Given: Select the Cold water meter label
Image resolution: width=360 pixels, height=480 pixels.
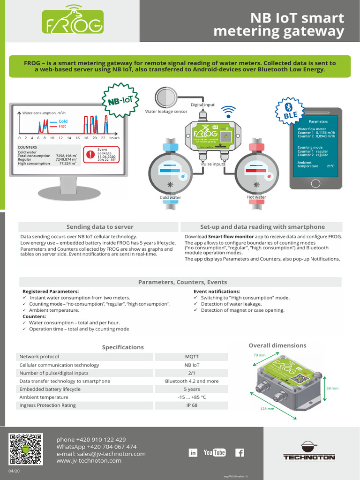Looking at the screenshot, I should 171,197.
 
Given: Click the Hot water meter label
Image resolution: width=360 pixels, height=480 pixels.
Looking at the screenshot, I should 256,197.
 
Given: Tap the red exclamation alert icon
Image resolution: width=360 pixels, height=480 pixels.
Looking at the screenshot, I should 90,154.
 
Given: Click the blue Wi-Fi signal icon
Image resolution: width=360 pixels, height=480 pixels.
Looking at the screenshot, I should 228,112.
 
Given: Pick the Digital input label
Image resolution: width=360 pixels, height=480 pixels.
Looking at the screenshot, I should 202,105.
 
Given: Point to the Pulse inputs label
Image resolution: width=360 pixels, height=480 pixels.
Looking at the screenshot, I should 213,164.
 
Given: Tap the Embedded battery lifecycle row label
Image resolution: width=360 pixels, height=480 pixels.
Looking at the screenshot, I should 50,389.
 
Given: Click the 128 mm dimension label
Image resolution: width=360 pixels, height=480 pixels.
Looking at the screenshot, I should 267,409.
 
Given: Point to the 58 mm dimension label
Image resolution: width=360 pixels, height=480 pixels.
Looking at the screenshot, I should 332,389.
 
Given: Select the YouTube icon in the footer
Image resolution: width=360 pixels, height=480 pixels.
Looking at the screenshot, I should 215,452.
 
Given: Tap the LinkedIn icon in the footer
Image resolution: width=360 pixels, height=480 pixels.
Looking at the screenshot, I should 193,452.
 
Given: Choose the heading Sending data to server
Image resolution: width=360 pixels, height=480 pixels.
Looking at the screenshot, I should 100,227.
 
